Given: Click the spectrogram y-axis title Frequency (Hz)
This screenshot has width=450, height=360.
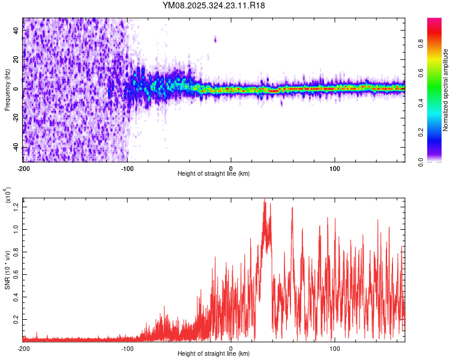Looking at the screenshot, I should (7, 89).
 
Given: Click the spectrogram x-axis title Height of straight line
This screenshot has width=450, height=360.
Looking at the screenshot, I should (214, 174).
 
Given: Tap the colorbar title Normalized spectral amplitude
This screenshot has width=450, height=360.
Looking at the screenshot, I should (446, 90).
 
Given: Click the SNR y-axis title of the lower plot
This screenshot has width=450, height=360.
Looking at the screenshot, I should (7, 268).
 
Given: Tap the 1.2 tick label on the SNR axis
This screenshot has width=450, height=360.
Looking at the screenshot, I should (14, 207).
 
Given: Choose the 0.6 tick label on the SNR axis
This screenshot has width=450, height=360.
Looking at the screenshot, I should (14, 274).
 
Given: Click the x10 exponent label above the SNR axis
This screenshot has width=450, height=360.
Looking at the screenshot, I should (7, 195).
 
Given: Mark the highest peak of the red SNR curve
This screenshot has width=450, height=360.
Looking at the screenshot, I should (264, 202).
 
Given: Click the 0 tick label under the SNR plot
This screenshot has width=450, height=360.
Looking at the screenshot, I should (231, 348).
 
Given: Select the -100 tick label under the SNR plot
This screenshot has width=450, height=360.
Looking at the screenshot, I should (127, 348).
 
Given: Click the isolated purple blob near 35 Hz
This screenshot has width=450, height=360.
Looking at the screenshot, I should (215, 40).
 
